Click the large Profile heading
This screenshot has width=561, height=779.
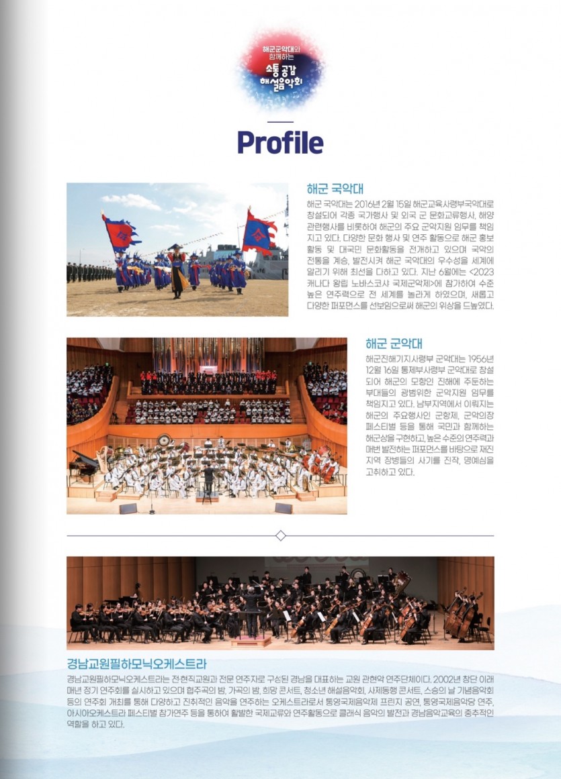tap(280, 142)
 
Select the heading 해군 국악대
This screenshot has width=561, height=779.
tap(335, 189)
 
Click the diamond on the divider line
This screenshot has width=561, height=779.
tap(281, 535)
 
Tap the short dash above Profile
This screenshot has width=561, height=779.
tap(280, 121)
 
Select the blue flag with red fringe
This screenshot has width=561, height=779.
tap(259, 231)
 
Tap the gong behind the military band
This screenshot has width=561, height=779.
tap(163, 441)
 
